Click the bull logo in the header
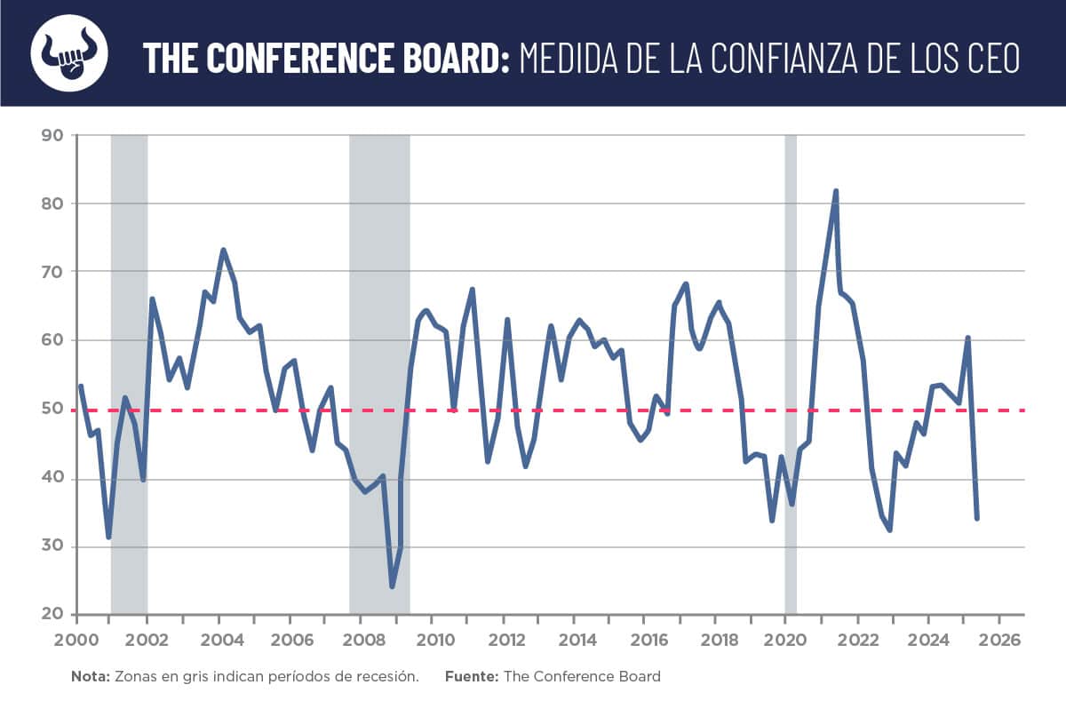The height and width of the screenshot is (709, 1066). click(x=69, y=53)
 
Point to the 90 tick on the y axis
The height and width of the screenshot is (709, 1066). click(x=52, y=135)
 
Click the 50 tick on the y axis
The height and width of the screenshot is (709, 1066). click(x=52, y=410)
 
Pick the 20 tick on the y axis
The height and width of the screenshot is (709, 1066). click(x=52, y=615)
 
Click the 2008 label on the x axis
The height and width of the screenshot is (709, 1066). click(x=362, y=640)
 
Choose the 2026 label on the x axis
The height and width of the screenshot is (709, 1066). click(x=1002, y=640)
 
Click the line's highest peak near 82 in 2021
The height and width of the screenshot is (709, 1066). click(x=836, y=191)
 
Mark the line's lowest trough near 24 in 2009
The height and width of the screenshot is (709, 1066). click(x=392, y=586)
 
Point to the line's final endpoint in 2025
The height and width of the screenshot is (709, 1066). click(x=977, y=518)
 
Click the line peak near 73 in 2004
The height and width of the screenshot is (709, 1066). click(x=223, y=250)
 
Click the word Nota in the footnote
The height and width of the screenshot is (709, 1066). click(x=89, y=676)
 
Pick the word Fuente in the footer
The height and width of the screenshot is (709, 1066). click(x=472, y=676)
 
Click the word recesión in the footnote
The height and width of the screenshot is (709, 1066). click(x=387, y=676)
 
